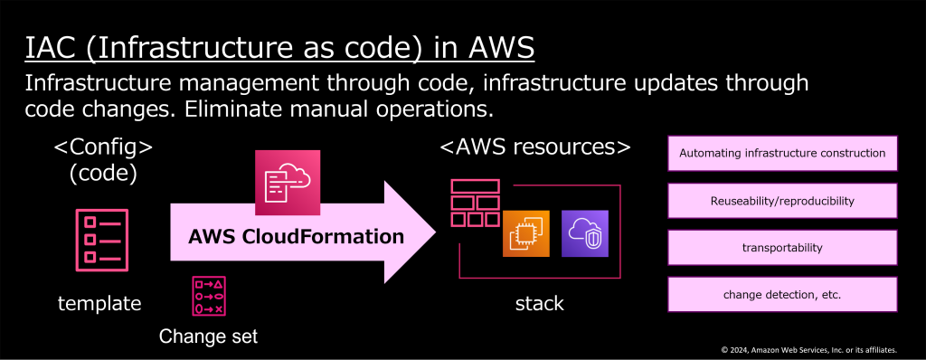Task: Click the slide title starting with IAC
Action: [279, 47]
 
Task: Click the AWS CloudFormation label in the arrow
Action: [297, 237]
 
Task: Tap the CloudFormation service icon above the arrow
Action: [288, 183]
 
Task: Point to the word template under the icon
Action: [99, 304]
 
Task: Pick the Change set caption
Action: [208, 336]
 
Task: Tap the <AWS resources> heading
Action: [534, 147]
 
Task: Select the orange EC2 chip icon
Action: [525, 232]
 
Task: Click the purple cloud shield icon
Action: [585, 232]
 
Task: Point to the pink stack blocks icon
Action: [475, 204]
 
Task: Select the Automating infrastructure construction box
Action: [781, 153]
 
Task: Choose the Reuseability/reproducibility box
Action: [781, 200]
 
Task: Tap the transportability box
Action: [781, 247]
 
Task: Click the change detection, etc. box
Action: [781, 294]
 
